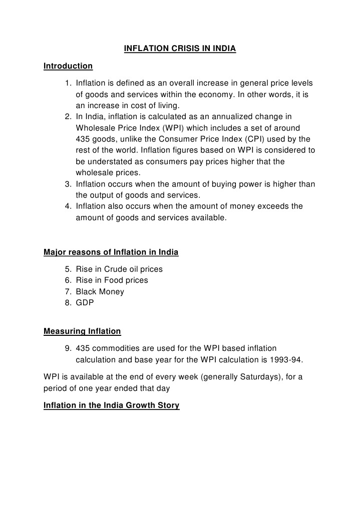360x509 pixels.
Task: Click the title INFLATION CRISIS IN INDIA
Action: click(x=180, y=49)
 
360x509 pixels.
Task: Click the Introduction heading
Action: click(x=68, y=66)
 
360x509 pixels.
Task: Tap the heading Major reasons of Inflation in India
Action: click(x=111, y=252)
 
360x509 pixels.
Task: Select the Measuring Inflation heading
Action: click(x=82, y=331)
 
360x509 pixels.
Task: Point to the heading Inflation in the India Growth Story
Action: click(x=111, y=405)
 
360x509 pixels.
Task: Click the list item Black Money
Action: click(x=100, y=291)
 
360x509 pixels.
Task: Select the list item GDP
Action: click(x=85, y=303)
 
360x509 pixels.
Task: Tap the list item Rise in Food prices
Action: click(x=112, y=280)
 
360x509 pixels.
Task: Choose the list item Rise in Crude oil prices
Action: click(x=119, y=269)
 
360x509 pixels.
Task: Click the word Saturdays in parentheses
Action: click(x=260, y=376)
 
